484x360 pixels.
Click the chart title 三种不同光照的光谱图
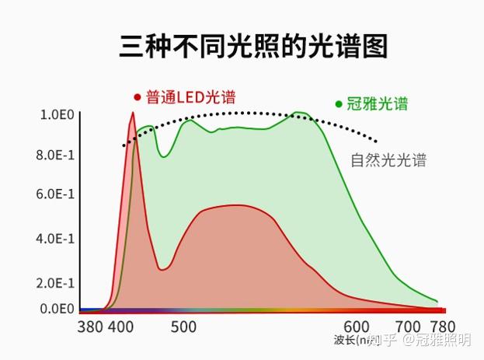point(252,47)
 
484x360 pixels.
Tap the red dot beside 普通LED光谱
point(138,98)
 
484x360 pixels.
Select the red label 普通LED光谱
point(190,98)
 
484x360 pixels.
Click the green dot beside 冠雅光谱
point(339,103)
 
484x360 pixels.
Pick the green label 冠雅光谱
point(378,103)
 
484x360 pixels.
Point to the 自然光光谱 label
point(388,161)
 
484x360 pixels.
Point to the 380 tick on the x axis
point(91,327)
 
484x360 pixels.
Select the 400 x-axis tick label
point(120,327)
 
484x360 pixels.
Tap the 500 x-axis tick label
point(183,327)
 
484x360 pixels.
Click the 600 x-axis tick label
point(357,327)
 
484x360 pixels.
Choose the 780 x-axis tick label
point(442,327)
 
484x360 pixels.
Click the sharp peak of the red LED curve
point(133,114)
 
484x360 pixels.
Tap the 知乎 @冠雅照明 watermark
point(420,341)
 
